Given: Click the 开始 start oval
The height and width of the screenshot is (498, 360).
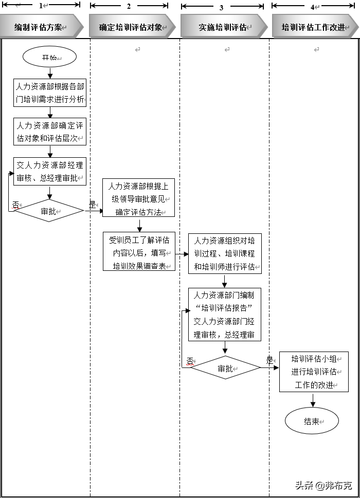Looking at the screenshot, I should [x=49, y=58].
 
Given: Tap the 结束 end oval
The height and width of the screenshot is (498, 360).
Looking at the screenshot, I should [x=312, y=421].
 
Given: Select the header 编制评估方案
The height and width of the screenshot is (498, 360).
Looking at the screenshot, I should [x=39, y=27].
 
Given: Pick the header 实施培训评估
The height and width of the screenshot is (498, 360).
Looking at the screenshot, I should [x=222, y=27].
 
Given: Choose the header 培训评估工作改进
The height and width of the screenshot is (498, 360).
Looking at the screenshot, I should [x=313, y=27].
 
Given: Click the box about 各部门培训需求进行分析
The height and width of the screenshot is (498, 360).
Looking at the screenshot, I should [x=49, y=93].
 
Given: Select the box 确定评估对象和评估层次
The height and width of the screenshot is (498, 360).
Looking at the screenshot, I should [x=49, y=132].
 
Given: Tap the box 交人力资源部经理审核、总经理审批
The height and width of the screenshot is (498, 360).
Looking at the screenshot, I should [x=49, y=172].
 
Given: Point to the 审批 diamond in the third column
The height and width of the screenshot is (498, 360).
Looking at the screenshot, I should [x=225, y=368].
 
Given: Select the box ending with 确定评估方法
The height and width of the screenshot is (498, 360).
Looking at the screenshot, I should [x=139, y=198].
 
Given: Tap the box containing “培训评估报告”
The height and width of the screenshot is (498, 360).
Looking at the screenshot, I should [x=225, y=315].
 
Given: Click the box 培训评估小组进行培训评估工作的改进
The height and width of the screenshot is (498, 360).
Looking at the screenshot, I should [x=314, y=372].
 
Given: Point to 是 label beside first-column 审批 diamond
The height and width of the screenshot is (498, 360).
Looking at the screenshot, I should [x=92, y=205].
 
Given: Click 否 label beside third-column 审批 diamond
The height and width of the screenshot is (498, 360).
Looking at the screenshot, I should [x=190, y=361].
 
